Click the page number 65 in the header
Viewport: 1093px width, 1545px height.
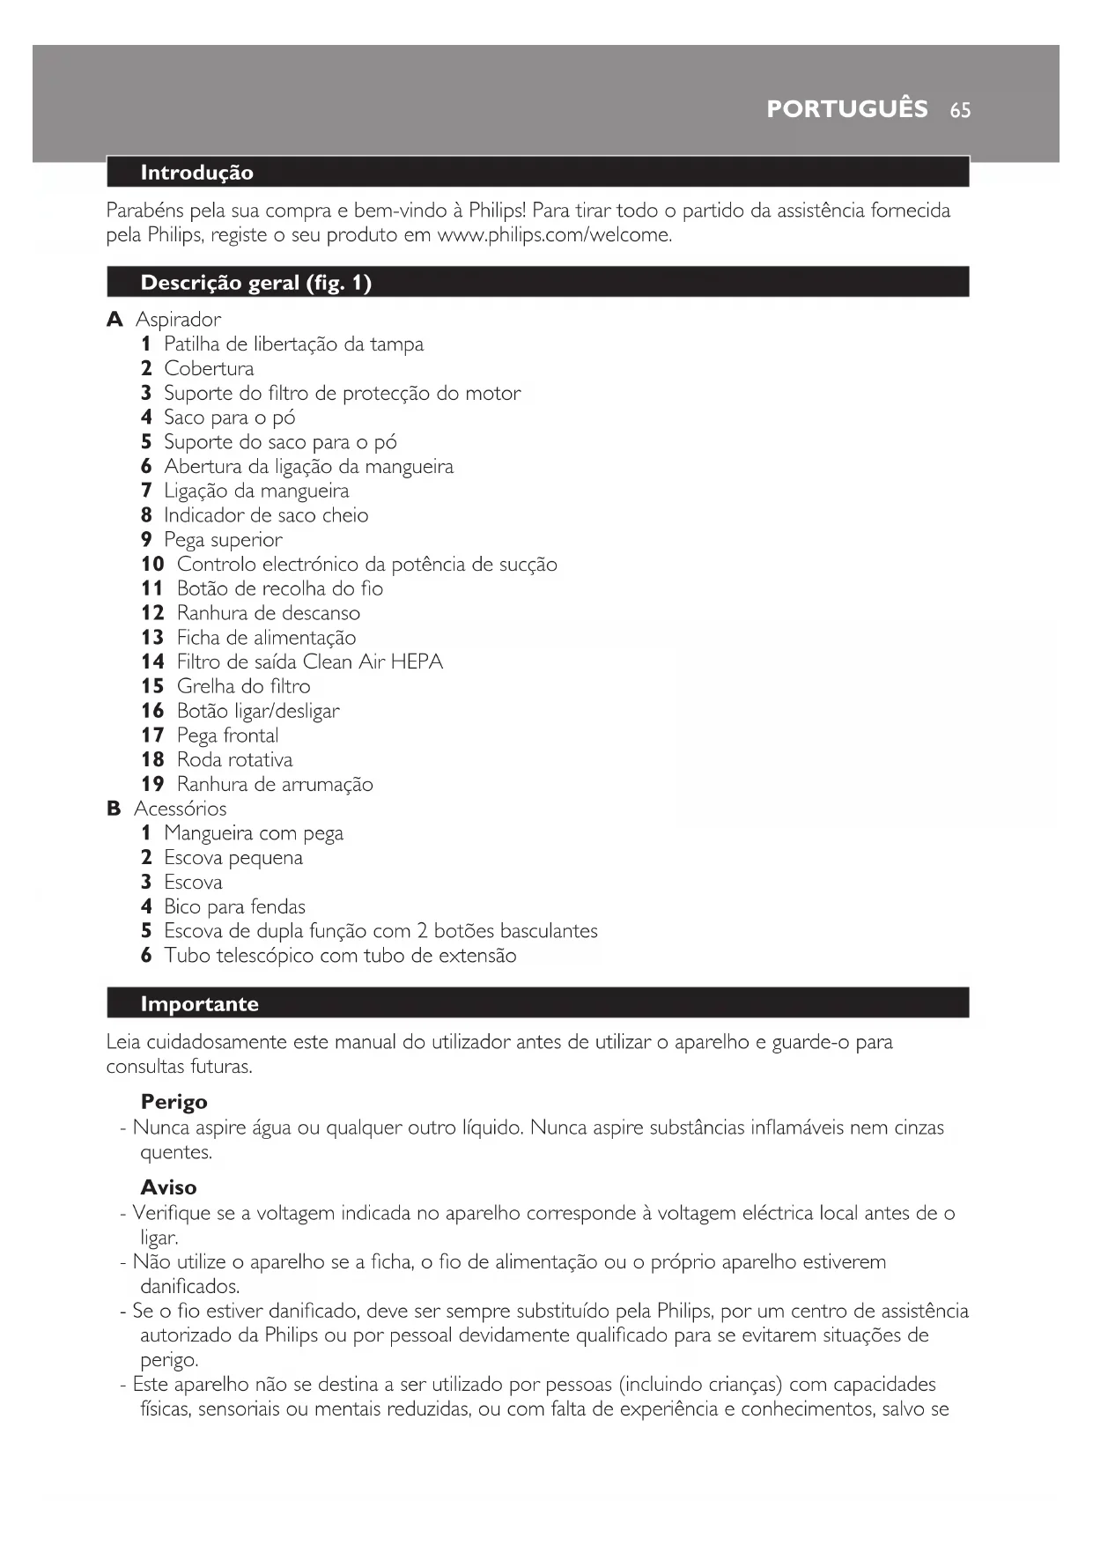coord(960,110)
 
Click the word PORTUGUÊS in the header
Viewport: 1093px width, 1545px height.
coord(846,109)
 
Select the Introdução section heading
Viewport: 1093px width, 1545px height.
coord(196,173)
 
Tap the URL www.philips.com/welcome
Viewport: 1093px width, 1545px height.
coord(554,236)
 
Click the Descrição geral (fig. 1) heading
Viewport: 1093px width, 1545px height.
coord(255,283)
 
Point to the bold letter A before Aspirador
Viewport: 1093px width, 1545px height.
coord(114,320)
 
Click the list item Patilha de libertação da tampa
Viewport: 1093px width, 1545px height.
coord(293,344)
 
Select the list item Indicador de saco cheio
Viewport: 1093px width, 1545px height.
coord(266,515)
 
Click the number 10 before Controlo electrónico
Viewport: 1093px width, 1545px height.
coord(152,565)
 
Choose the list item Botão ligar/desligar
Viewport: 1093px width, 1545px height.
coord(257,711)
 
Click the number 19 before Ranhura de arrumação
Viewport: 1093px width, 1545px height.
coord(152,785)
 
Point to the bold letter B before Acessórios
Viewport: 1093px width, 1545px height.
coord(114,809)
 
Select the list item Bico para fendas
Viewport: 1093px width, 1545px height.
coord(234,907)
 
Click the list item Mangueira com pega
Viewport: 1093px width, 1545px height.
coord(254,833)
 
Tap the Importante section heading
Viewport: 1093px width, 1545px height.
coord(199,1004)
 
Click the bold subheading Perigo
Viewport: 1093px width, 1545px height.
coord(174,1102)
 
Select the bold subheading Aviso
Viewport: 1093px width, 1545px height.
coord(168,1187)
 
